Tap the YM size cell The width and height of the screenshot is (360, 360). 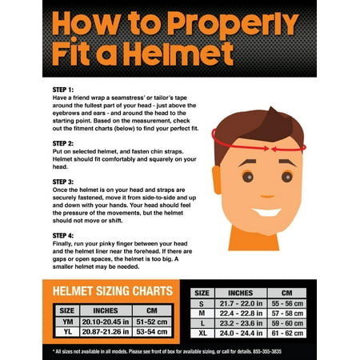pyautogui.click(x=67, y=322)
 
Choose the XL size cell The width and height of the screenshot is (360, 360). pyautogui.click(x=202, y=333)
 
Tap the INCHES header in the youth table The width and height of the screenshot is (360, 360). pyautogui.click(x=106, y=310)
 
